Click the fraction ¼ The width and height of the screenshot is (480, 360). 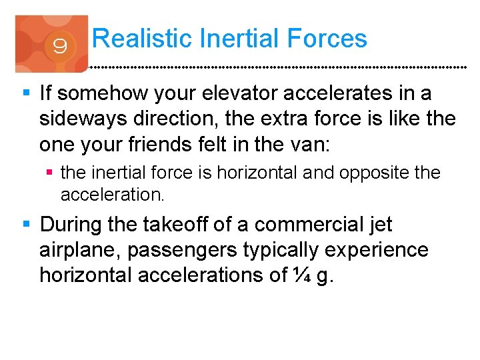click(301, 275)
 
